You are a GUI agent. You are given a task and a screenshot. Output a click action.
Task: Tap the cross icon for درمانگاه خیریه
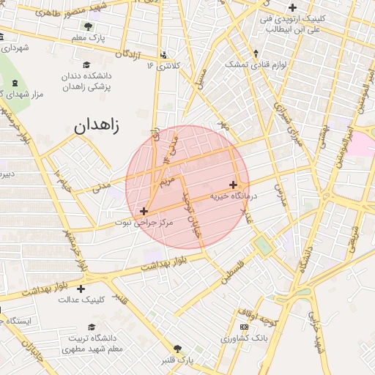tap(233, 185)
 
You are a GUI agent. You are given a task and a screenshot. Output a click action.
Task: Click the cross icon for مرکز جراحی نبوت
tap(144, 211)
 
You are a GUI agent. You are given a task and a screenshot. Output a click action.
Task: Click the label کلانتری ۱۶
tap(163, 65)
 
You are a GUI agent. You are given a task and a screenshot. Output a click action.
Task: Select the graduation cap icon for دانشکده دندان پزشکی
tap(88, 64)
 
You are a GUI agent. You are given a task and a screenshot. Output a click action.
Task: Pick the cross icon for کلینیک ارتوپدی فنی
tap(292, 8)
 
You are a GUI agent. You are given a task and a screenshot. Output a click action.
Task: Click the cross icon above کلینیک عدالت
tap(81, 289)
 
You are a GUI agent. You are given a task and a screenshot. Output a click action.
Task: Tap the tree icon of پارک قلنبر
tap(177, 349)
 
